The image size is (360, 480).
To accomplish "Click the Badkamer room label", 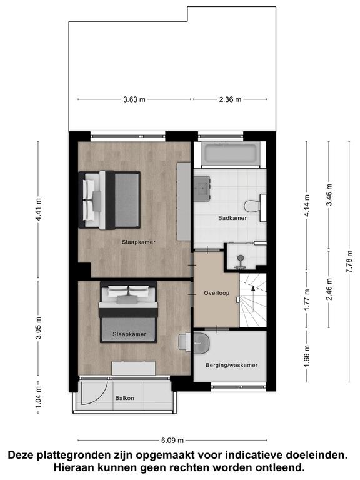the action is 232,218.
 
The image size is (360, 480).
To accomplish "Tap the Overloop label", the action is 216,293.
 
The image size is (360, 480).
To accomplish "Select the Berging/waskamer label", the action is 231,365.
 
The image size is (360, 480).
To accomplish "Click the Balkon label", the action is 124,398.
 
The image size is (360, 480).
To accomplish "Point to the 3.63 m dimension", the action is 134,99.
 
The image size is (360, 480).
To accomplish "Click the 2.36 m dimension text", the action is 230,99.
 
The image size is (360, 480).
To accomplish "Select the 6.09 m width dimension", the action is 172,441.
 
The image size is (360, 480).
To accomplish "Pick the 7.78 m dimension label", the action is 349,261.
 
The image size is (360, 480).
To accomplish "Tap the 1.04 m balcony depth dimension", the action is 38,397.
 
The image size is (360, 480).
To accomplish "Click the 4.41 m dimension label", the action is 38,210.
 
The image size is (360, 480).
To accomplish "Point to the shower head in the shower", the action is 241,257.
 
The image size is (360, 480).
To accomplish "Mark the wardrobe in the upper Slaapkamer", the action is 184,201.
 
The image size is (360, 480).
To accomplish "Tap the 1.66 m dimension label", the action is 307,356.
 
